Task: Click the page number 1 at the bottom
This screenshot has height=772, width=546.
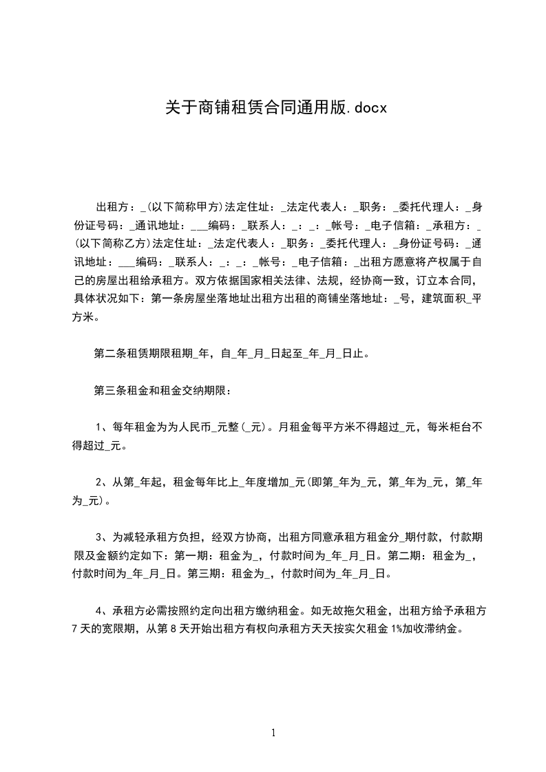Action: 273,733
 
